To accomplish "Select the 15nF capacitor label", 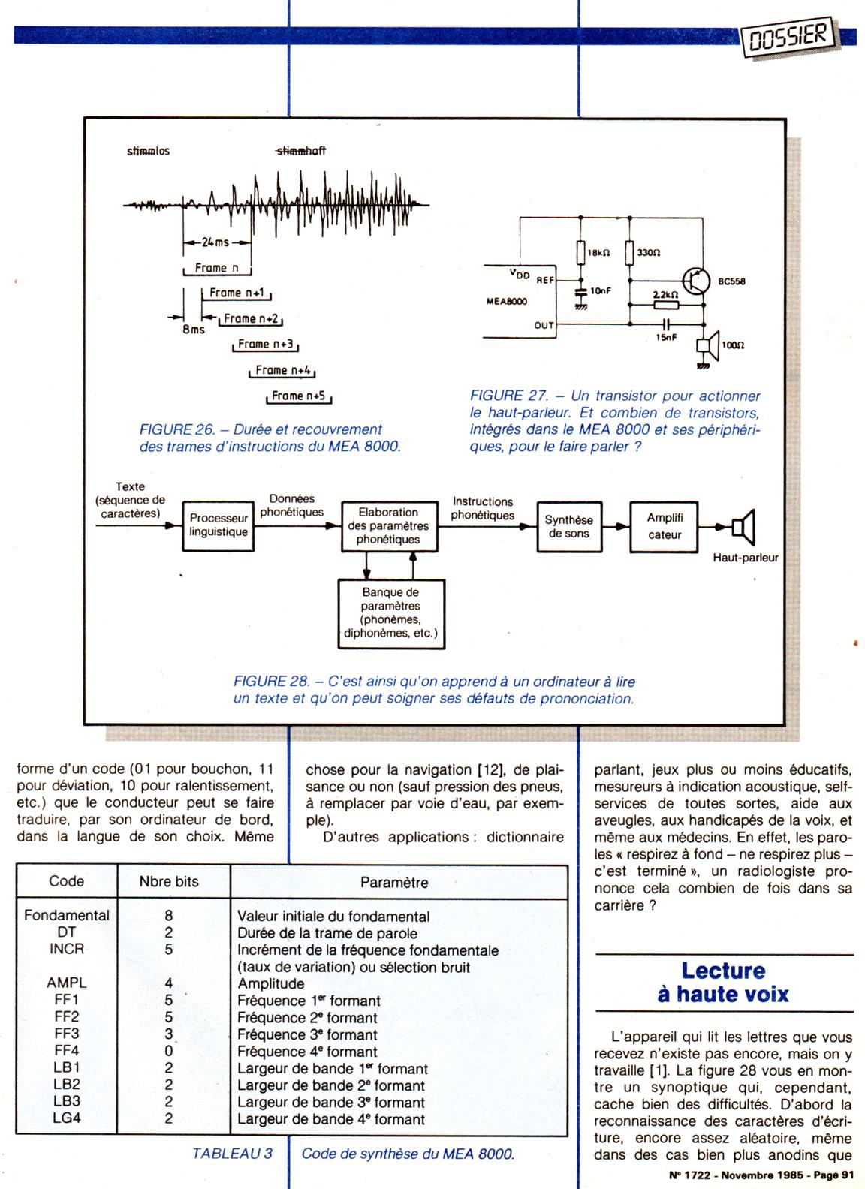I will pos(667,338).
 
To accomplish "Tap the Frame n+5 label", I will pos(298,396).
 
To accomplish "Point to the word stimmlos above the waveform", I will pos(148,151).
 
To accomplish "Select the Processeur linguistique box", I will pos(218,525).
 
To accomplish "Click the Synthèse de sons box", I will pos(568,526).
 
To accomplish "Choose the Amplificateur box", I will pos(665,526).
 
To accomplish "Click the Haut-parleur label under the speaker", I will pos(745,558).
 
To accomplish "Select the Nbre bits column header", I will pos(169,881).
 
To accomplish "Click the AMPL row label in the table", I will pos(66,983).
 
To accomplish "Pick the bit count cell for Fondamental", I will pos(169,916).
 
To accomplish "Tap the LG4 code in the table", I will pos(66,1118).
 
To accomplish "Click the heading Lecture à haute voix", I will pos(723,982).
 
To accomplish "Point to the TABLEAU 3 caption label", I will pos(232,1153).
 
